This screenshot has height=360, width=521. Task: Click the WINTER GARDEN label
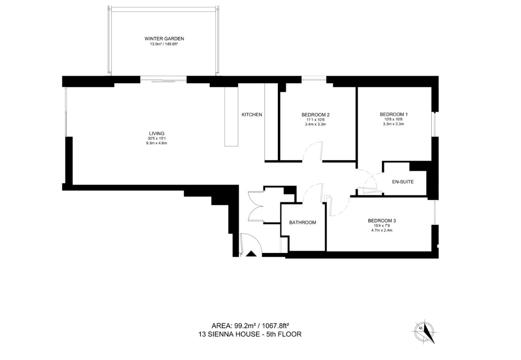click(x=164, y=38)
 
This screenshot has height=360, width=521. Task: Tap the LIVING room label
click(x=157, y=134)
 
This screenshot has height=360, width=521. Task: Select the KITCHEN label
click(x=251, y=114)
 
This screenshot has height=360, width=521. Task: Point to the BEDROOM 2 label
click(x=315, y=114)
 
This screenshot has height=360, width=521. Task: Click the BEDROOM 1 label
click(x=394, y=114)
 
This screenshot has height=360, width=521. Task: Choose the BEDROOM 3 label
click(x=382, y=220)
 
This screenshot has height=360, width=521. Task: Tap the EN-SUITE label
click(x=403, y=182)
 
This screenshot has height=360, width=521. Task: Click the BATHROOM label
click(x=302, y=222)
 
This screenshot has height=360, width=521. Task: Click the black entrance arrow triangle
click(x=251, y=254)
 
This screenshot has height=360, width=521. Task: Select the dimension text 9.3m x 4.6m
click(x=157, y=143)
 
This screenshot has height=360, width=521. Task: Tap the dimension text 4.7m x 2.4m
click(x=382, y=230)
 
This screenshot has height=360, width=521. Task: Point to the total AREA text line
click(x=251, y=325)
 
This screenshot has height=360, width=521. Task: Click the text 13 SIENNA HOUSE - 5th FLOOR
click(x=250, y=334)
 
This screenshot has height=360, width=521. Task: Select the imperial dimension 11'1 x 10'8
click(x=315, y=120)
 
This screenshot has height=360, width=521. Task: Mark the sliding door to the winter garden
click(x=163, y=80)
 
